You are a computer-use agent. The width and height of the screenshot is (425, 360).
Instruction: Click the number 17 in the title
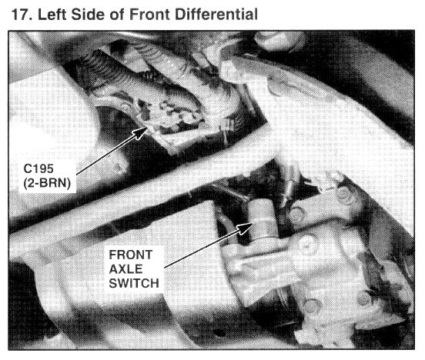[20, 15]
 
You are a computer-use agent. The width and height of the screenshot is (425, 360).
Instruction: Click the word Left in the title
[53, 15]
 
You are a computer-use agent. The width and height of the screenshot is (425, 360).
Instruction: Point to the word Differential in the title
[216, 15]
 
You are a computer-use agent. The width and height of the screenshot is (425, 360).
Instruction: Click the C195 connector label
[38, 168]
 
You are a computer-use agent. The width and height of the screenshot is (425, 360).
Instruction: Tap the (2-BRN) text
[47, 183]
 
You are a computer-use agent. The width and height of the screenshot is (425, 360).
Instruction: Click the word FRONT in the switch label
[131, 255]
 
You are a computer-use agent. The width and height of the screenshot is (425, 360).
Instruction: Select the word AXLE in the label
[125, 269]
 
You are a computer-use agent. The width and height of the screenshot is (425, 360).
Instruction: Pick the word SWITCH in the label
[134, 284]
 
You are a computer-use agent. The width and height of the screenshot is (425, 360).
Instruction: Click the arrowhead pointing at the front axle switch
[245, 228]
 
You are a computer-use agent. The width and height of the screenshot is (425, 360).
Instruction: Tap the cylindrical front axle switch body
[262, 221]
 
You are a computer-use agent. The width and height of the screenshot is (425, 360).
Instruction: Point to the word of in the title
[117, 15]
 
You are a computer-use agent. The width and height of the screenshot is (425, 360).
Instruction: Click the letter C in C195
[28, 168]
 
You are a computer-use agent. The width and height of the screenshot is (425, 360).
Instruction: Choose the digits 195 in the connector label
[43, 168]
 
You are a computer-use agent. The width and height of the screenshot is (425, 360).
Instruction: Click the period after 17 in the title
[31, 18]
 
